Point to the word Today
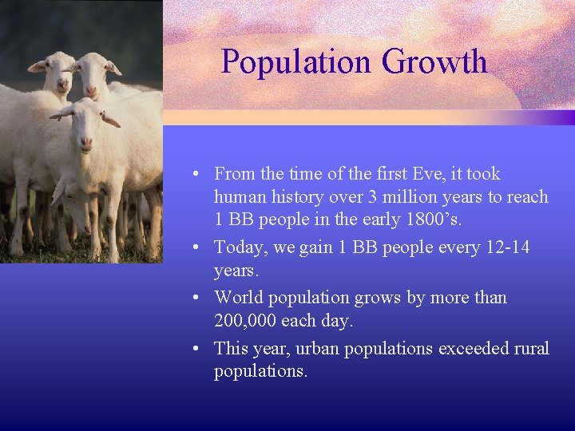240,247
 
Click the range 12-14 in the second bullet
507,247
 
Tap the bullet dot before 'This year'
196,350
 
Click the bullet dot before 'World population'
196,299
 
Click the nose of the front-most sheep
85,144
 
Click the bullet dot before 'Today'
196,248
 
